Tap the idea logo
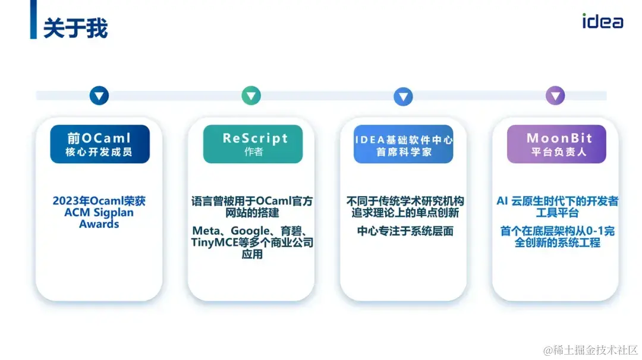[602, 21]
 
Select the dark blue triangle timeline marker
[99, 96]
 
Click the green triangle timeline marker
[251, 96]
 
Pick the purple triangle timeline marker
[555, 96]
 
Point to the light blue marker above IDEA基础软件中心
[403, 96]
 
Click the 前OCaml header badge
[99, 144]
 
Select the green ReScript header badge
[253, 144]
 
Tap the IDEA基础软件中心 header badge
[403, 144]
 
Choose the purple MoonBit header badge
[556, 144]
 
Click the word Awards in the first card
[99, 225]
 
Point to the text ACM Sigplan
[99, 213]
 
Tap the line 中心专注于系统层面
[405, 231]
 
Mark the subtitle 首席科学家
[403, 152]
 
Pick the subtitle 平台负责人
[556, 152]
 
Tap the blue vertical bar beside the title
[34, 20]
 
